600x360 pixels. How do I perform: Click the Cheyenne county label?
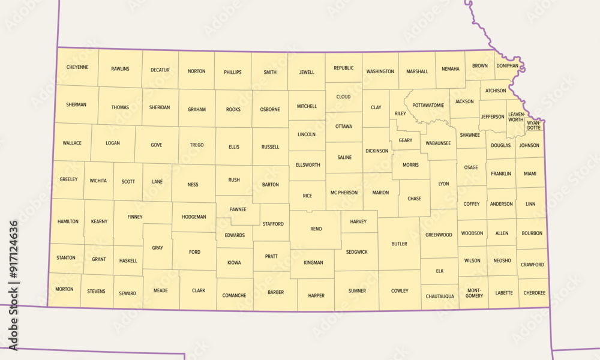point(77,67)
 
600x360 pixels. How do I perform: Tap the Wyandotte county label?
point(533,125)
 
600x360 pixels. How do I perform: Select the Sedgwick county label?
point(356,252)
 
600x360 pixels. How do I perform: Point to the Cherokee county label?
point(534,293)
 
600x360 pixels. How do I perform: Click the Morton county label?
point(64,289)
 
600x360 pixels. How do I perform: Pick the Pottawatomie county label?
point(428,105)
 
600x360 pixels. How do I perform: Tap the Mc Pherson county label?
point(344,193)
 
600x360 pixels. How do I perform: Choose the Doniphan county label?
point(507,66)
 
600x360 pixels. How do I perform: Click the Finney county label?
point(135,217)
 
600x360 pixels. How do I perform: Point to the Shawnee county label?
point(470,135)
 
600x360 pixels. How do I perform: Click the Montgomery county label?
point(474,293)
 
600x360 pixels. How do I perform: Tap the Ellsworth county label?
point(307,165)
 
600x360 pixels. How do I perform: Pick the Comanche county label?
point(234,295)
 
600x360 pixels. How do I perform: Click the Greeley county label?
point(68,179)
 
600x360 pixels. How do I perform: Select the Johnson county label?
point(529,145)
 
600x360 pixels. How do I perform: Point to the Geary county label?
point(406,140)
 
